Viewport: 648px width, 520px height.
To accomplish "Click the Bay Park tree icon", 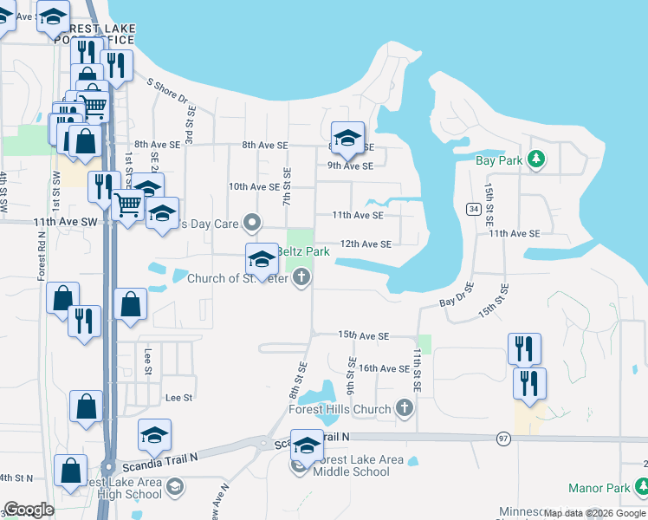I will [537, 159].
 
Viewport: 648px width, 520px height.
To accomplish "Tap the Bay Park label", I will [499, 160].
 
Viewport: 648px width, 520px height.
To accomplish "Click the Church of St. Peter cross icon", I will [301, 278].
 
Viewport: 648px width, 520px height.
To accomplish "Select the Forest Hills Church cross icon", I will [404, 407].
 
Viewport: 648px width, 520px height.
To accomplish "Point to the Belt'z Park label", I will [303, 251].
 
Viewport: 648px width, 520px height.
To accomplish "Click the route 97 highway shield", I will [504, 440].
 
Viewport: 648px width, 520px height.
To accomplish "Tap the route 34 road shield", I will [473, 209].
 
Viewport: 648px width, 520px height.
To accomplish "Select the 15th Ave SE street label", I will [364, 335].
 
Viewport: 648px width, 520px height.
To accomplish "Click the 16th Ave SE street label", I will [385, 368].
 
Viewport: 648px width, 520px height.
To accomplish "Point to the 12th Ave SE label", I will [366, 244].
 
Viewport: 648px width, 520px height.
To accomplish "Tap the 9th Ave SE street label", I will [350, 166].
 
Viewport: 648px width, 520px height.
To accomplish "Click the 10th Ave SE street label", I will [254, 186].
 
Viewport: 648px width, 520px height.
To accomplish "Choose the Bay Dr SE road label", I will [457, 298].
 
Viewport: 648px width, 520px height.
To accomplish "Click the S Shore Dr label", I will [167, 92].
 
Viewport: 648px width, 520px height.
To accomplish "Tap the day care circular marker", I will [252, 223].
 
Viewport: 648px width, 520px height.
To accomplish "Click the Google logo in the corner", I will [29, 510].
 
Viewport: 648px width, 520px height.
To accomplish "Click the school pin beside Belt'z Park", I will [262, 257].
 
